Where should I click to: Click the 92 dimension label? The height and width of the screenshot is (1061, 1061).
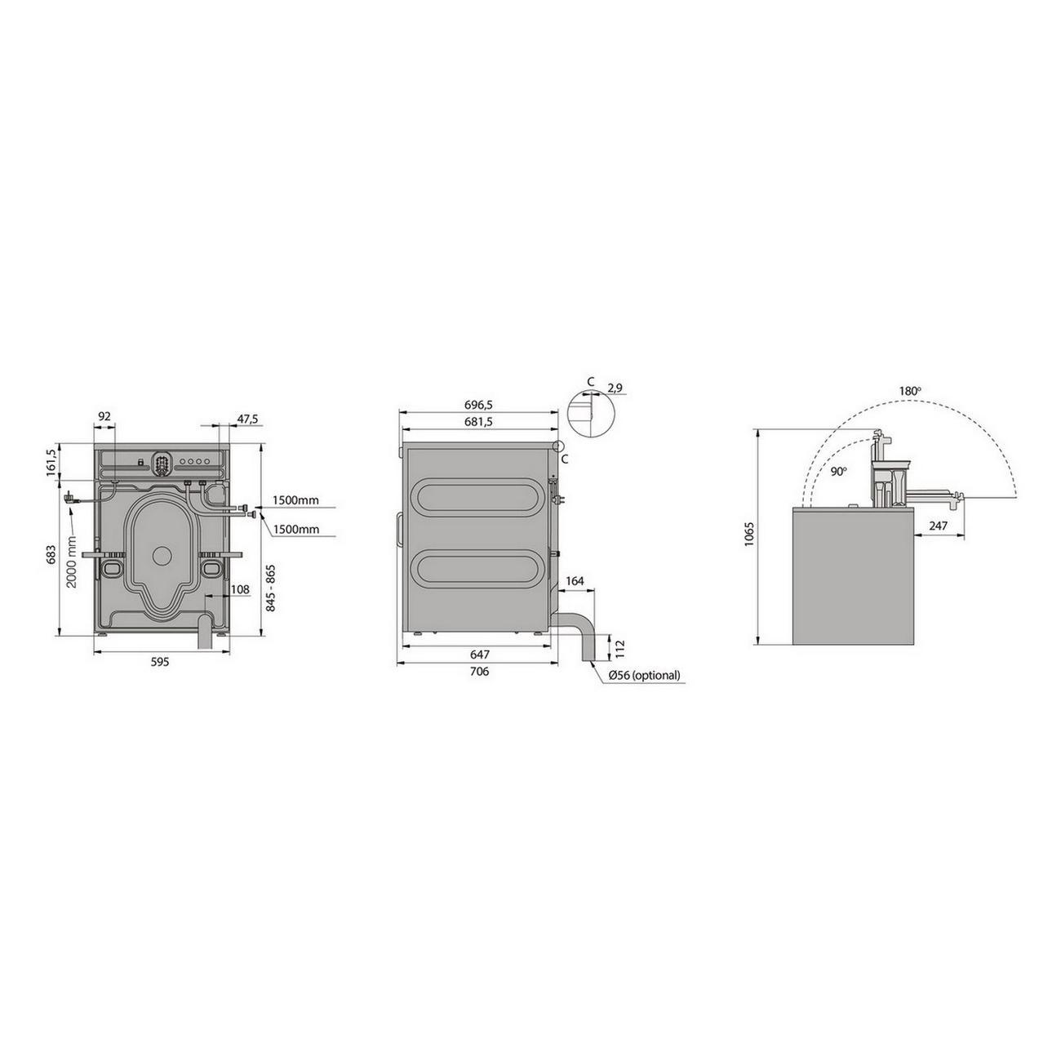click(x=104, y=416)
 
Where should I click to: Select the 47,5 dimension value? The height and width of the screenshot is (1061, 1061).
click(x=248, y=419)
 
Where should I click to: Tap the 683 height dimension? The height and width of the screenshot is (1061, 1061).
click(x=51, y=554)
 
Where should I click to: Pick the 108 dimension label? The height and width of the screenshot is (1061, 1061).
click(x=240, y=589)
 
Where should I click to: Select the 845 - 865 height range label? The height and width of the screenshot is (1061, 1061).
click(x=270, y=588)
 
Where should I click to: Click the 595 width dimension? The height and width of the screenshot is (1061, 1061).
click(x=160, y=662)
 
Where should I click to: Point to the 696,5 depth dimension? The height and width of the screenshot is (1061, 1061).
click(x=478, y=405)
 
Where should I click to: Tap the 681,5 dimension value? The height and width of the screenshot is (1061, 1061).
click(x=478, y=422)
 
